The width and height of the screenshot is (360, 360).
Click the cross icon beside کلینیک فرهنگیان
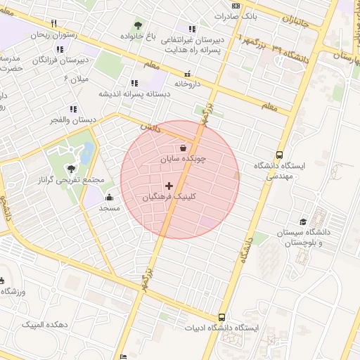[169, 186]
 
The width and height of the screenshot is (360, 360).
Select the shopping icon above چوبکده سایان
[184, 148]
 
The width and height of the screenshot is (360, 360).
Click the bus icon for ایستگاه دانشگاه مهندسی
[280, 155]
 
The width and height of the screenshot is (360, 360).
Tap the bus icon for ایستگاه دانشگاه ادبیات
[222, 317]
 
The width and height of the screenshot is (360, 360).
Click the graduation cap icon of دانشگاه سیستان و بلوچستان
[304, 221]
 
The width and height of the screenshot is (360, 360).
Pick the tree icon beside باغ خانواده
[137, 26]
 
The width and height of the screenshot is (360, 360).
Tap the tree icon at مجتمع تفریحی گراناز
[71, 168]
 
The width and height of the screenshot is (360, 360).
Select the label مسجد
[109, 208]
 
